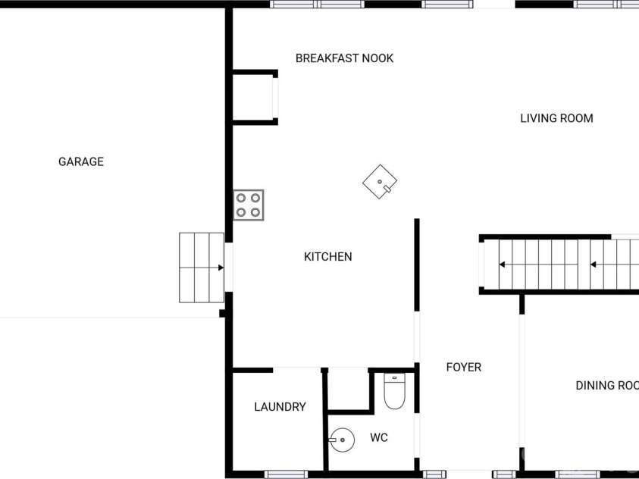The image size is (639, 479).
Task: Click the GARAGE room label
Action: tap(81, 161)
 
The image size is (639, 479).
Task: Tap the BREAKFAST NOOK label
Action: tap(344, 58)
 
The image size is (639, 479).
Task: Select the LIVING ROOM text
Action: tap(556, 118)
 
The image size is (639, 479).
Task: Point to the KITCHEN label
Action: tap(328, 257)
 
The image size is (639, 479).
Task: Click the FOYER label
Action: tap(464, 368)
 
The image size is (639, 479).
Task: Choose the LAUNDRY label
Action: tap(280, 407)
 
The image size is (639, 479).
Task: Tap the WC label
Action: tap(379, 438)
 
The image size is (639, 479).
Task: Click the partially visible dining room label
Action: tap(607, 385)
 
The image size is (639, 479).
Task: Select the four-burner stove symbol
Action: tap(249, 205)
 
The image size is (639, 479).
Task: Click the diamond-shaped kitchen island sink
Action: tap(380, 182)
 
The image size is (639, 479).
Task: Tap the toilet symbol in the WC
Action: tap(394, 391)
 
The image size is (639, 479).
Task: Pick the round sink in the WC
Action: tap(342, 440)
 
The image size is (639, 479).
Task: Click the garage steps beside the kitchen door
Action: tap(202, 268)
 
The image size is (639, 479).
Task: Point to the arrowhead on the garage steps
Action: tap(221, 268)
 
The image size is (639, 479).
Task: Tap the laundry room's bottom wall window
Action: tap(286, 474)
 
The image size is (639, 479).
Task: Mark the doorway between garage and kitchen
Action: tap(229, 268)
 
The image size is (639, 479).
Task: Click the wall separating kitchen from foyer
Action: tap(417, 265)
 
